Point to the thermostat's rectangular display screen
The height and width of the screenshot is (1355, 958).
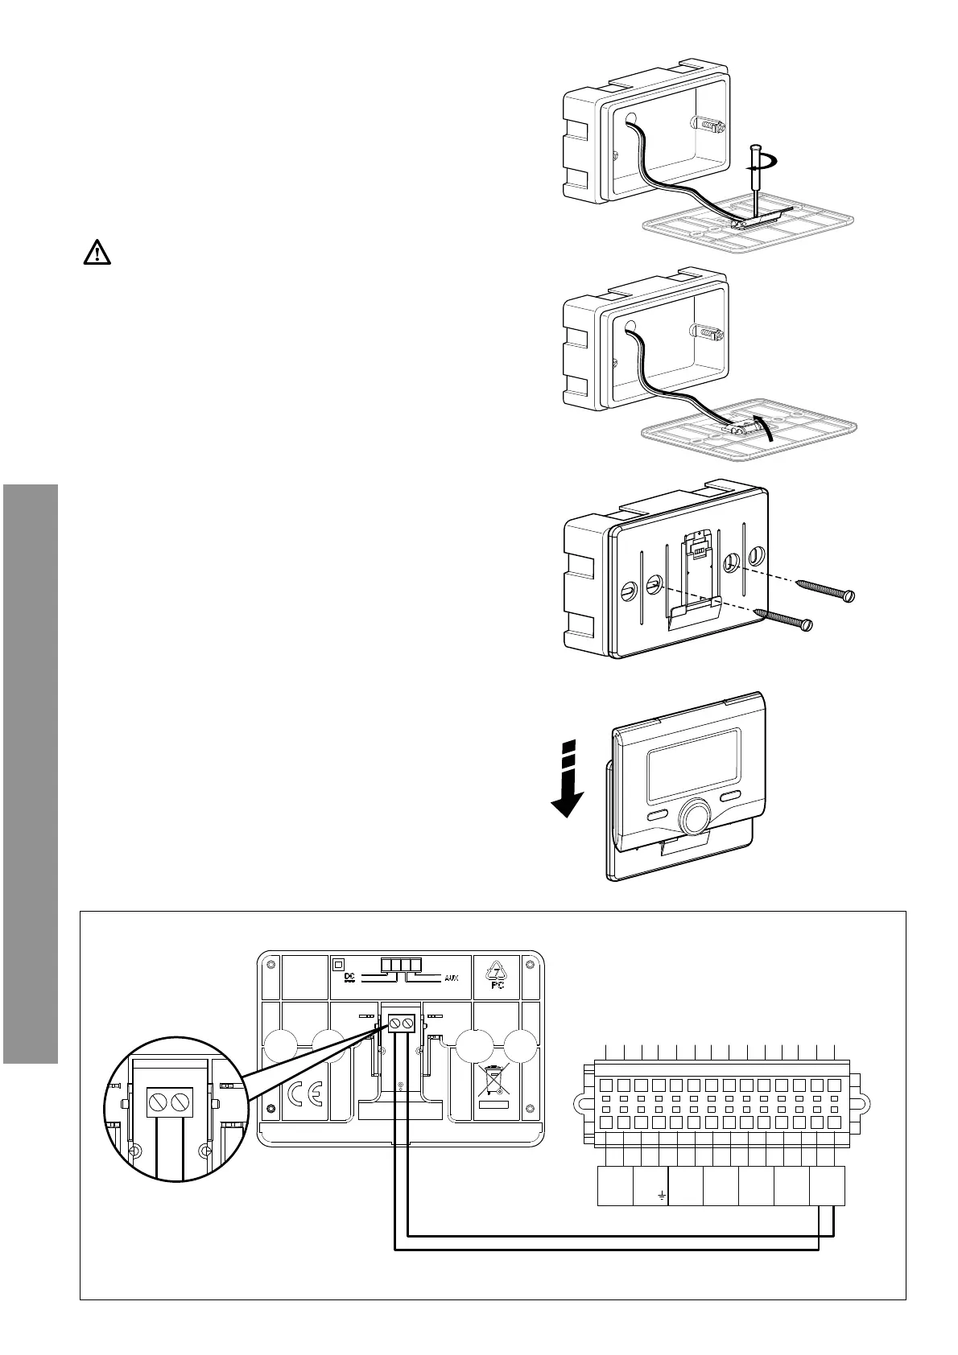[x=693, y=759]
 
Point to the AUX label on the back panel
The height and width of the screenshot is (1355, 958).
[x=451, y=979]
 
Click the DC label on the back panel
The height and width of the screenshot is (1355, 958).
[x=349, y=977]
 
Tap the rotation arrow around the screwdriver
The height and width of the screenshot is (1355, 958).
[x=765, y=163]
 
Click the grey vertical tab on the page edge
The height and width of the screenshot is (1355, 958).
[x=31, y=772]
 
